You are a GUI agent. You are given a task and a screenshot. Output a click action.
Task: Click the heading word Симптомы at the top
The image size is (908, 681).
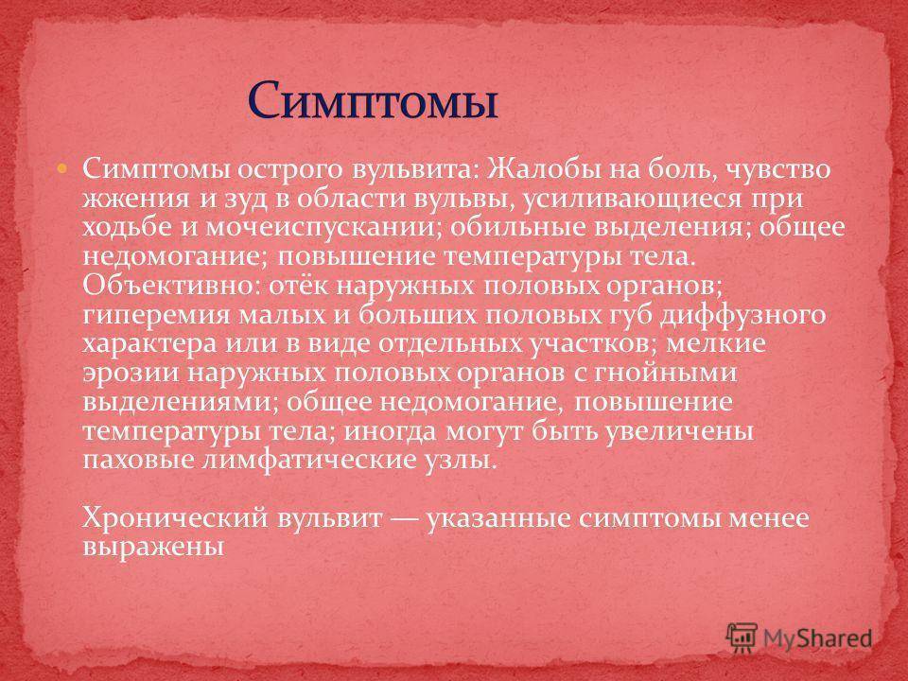[x=373, y=100]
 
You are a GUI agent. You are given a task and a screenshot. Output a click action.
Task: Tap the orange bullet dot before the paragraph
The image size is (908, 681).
[x=62, y=169]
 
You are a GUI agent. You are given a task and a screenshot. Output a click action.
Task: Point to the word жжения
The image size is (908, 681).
[x=135, y=199]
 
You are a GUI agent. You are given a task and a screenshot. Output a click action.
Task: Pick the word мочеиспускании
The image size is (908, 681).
[x=326, y=228]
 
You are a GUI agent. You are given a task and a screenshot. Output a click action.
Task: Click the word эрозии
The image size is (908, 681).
[x=131, y=373]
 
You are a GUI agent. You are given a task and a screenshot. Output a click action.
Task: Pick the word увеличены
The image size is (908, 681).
[x=679, y=431]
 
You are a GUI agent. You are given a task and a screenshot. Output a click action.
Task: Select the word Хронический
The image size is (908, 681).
[x=176, y=517]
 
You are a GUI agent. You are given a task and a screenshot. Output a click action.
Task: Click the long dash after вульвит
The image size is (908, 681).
[x=405, y=519]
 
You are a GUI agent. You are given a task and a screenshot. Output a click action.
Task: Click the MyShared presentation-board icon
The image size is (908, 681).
[x=742, y=638]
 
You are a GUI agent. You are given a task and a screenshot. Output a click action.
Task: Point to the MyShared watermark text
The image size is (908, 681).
[x=817, y=638]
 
